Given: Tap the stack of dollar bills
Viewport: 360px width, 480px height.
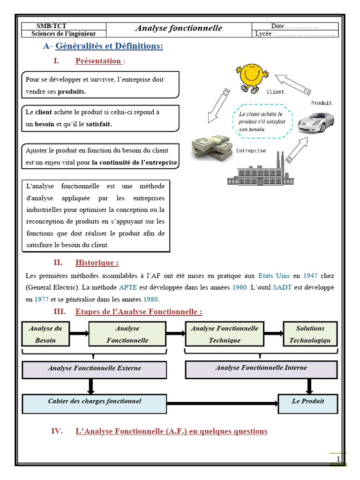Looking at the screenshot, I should [212, 148].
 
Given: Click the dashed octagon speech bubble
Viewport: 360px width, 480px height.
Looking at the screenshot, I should [262, 121].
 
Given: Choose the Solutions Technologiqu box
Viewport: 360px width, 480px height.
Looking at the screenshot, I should [310, 334].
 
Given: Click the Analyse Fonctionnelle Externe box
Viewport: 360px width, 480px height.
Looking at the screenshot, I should [94, 369].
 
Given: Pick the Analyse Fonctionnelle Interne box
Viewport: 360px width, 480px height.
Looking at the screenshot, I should [261, 368].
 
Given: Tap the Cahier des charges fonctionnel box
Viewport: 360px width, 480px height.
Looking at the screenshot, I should [94, 403].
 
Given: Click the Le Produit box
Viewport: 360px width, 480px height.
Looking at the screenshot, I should [307, 402].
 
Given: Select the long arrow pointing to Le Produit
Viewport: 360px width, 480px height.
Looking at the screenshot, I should [222, 403].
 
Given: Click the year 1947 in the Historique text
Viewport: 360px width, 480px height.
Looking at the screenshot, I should [310, 276].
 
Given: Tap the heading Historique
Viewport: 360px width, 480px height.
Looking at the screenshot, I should [97, 262].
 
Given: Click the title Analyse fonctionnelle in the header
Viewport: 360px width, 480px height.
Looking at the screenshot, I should [179, 29].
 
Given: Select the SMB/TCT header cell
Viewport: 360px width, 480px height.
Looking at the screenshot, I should [64, 26].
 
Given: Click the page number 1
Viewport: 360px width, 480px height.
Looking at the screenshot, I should [338, 459].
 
